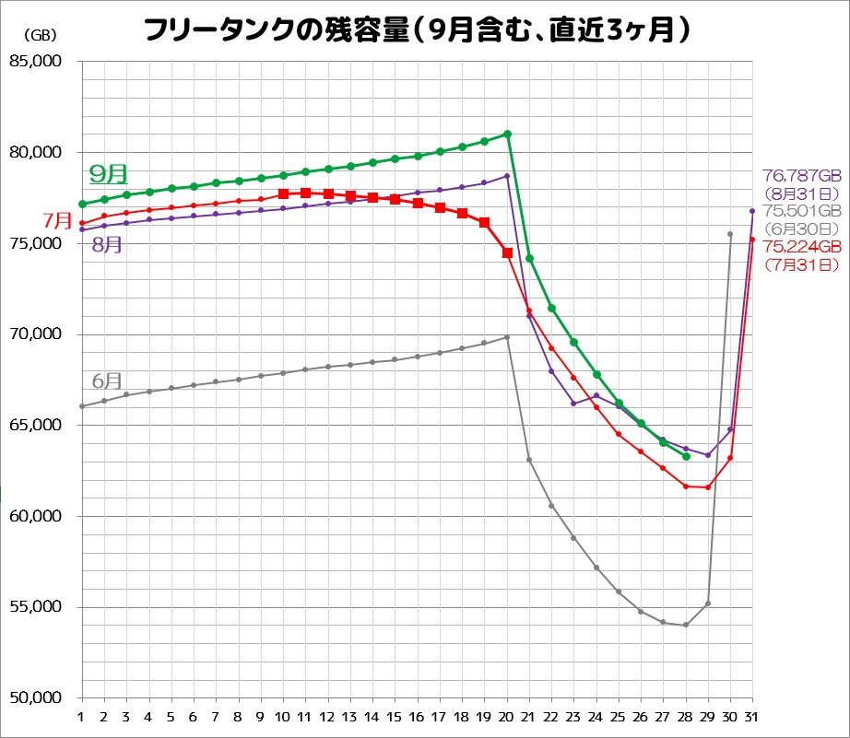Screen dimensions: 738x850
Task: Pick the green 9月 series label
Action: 108,173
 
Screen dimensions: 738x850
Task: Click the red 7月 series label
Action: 57,221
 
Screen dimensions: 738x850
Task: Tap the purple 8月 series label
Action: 109,245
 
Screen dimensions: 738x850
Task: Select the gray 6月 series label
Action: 107,381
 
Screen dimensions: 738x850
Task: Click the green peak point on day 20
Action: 507,135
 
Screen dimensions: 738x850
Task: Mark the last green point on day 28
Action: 686,456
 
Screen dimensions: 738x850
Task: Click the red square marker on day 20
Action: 507,252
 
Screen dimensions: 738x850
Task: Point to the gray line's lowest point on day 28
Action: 686,625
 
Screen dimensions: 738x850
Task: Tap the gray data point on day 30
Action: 730,234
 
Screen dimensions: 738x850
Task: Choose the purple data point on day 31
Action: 752,211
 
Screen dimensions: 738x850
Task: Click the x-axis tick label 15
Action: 395,717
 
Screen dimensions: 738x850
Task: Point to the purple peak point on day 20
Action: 507,176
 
